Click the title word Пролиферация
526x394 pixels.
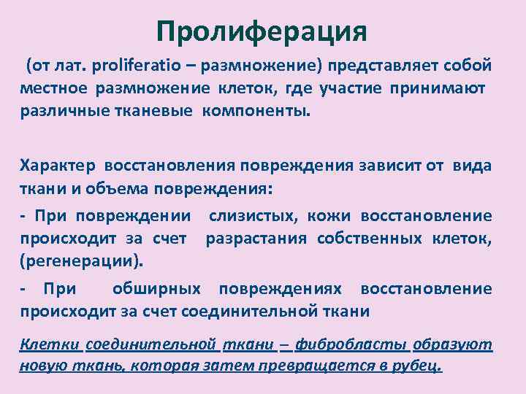(261, 31)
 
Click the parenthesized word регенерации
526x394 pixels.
(81, 260)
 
